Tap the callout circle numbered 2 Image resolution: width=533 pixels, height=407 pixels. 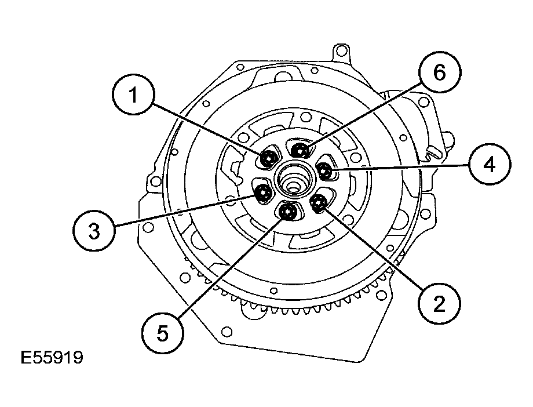pos(439,302)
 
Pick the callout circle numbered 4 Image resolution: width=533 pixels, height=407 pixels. pos(490,165)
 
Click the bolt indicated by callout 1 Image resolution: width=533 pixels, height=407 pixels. pos(268,158)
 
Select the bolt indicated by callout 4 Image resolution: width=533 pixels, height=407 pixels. pos(325,170)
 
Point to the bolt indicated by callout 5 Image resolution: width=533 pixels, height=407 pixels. pos(287,212)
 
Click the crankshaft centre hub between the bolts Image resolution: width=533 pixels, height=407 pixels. pos(293,180)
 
